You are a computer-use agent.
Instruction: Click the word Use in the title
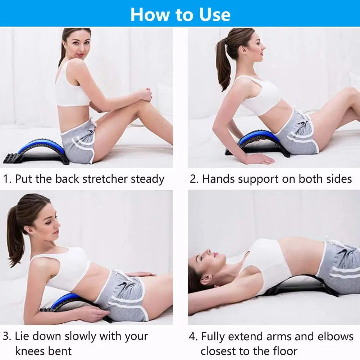click(215, 15)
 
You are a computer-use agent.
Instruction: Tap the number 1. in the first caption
click(7, 179)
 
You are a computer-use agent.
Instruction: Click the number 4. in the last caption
click(193, 337)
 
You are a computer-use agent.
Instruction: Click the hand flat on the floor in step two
click(259, 158)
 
